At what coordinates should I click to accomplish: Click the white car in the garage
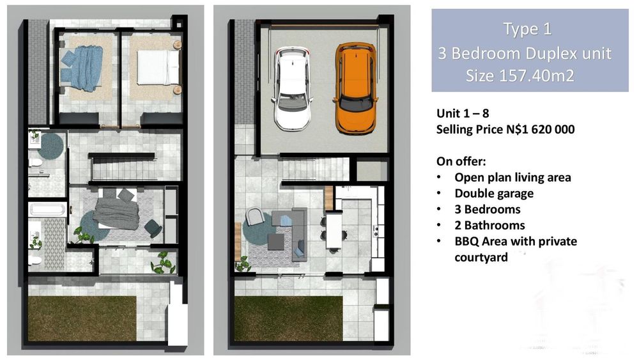pyautogui.click(x=293, y=88)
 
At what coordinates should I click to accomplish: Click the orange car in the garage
pyautogui.click(x=355, y=88)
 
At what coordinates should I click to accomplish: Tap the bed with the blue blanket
pyautogui.click(x=81, y=68)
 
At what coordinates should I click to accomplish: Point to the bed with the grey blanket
pyautogui.click(x=117, y=208)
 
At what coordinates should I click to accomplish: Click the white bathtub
pyautogui.click(x=47, y=210)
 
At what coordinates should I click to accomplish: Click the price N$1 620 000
pyautogui.click(x=541, y=129)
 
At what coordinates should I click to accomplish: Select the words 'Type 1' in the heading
pyautogui.click(x=527, y=29)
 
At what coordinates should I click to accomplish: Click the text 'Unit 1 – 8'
pyautogui.click(x=463, y=113)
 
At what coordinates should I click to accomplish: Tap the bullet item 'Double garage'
pyautogui.click(x=494, y=193)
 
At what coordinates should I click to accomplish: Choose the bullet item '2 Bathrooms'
pyautogui.click(x=490, y=225)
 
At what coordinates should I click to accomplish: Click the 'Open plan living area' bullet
pyautogui.click(x=512, y=177)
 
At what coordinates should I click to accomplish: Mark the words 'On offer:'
pyautogui.click(x=461, y=161)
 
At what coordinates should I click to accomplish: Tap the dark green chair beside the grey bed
pyautogui.click(x=153, y=228)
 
